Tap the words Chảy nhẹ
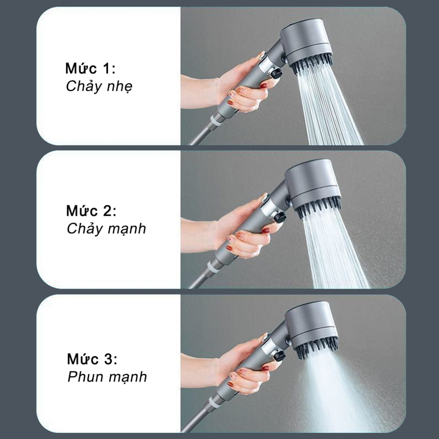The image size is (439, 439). pos(99,86)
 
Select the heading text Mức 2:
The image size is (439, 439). pos(91,211)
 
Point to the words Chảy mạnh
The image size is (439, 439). pos(106,229)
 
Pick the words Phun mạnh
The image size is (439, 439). pos(107,377)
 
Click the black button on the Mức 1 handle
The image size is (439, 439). pos(276,73)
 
